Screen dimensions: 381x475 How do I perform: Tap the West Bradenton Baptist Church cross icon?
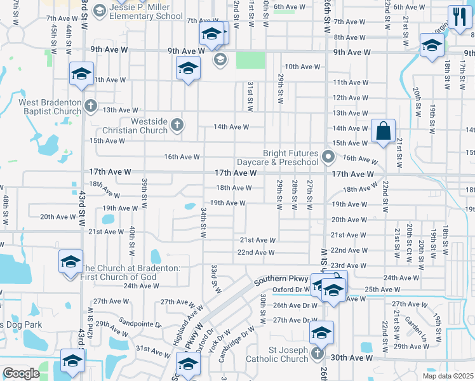point(91,105)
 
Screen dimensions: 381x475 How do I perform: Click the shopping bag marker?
point(384,131)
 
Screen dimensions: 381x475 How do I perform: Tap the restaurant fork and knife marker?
point(457,17)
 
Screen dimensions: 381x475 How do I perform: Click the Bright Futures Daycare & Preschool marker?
point(328,156)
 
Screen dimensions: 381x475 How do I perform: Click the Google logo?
point(21,373)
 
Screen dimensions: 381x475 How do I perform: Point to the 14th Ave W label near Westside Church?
point(231,127)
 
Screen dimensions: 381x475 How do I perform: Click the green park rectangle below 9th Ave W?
point(250,60)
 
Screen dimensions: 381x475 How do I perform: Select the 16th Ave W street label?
point(182,157)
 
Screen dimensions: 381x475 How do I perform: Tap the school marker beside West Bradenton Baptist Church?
point(82,74)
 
